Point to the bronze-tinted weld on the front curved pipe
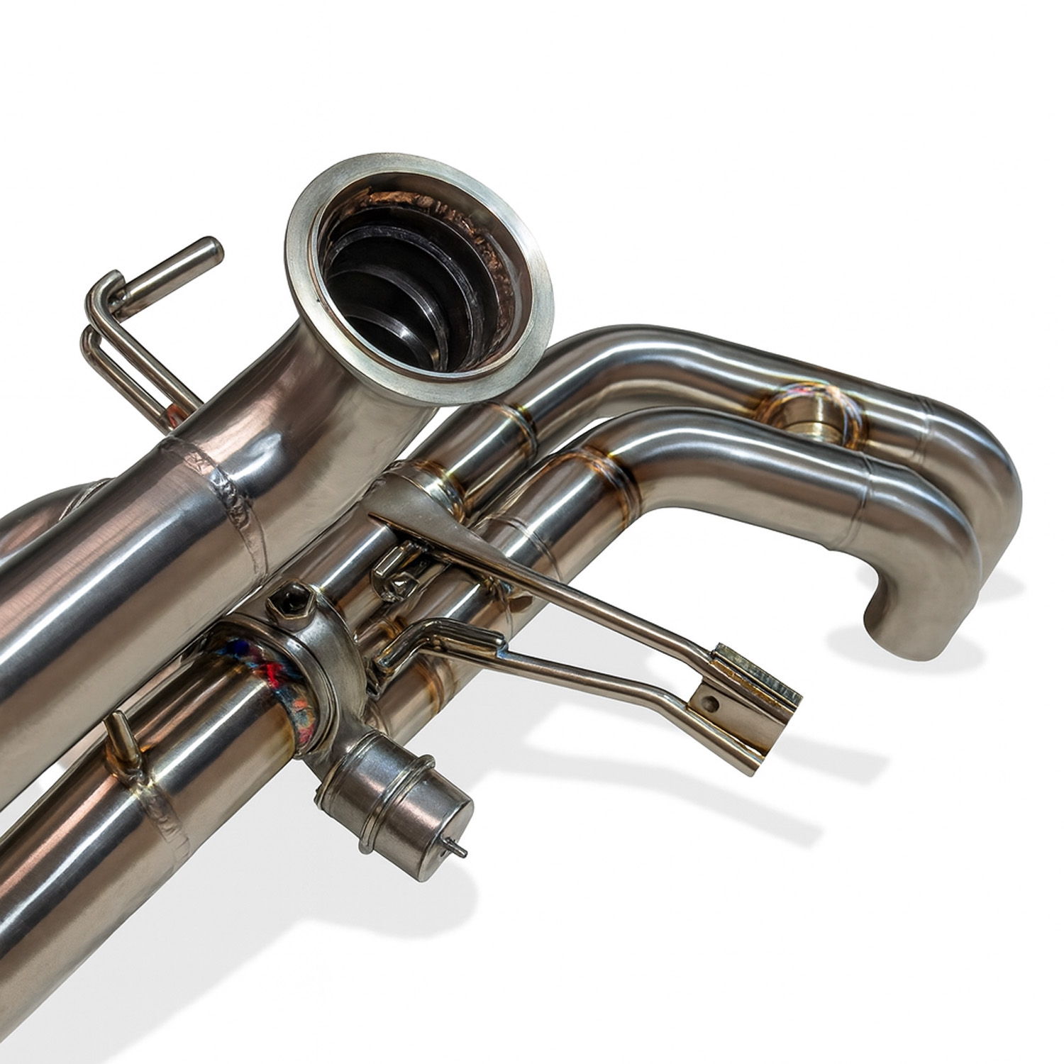pos(610,468)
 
